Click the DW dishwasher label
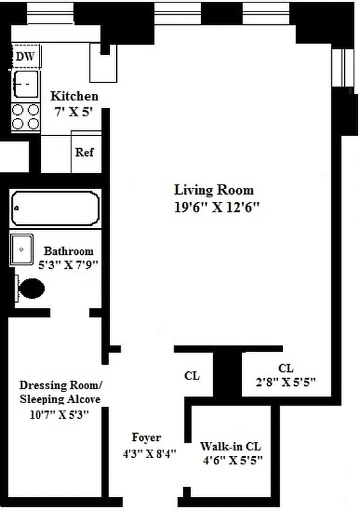26,57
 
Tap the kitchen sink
26,84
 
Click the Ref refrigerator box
84,153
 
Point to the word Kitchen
75,96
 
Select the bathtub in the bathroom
56,209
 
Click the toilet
32,289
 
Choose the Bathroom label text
68,251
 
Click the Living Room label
214,190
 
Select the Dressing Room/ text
59,385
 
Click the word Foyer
146,438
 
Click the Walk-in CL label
230,446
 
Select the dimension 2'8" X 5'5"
286,382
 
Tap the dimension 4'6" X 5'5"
233,459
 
